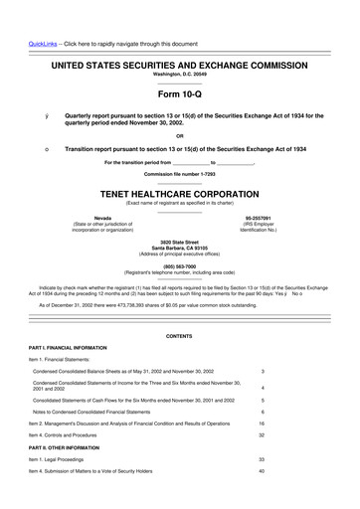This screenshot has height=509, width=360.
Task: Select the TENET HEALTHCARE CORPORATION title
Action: (x=179, y=196)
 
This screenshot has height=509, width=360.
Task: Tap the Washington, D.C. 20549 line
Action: (x=179, y=74)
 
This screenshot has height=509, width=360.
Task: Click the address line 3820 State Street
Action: (x=179, y=241)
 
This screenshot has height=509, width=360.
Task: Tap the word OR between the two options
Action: (x=179, y=136)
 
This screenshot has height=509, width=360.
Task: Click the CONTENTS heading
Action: (x=179, y=337)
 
